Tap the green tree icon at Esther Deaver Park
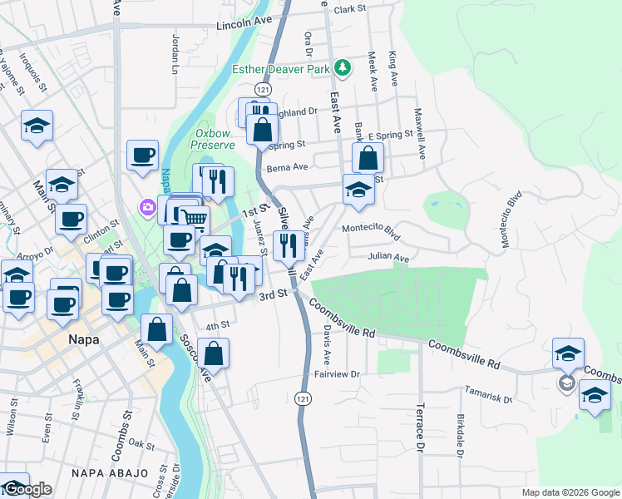point(342,67)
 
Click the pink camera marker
point(148,206)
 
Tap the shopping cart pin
point(194,218)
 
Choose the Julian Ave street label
point(389,259)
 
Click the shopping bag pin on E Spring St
point(368,156)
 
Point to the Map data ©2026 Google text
point(570,492)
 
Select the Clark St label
point(350,9)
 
